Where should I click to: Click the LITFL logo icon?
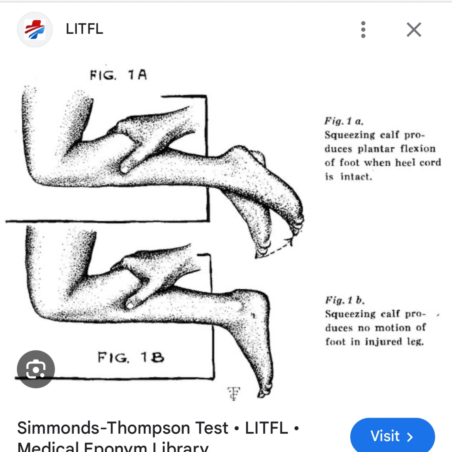pyautogui.click(x=35, y=29)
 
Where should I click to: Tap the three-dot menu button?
pyautogui.click(x=363, y=29)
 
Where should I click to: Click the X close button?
pyautogui.click(x=414, y=29)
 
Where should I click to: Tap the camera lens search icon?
pyautogui.click(x=36, y=369)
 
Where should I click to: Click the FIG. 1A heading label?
pyautogui.click(x=119, y=75)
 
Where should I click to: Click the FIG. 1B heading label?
pyautogui.click(x=131, y=357)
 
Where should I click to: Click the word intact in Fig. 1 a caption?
pyautogui.click(x=356, y=177)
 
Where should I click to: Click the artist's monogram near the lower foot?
pyautogui.click(x=234, y=393)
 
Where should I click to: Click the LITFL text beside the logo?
pyautogui.click(x=84, y=29)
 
